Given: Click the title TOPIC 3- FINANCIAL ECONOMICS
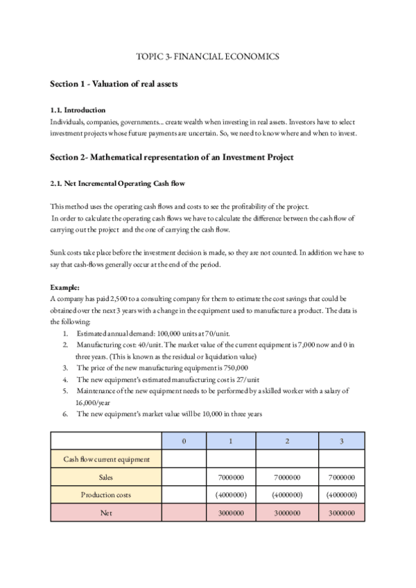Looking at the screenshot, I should [208, 57].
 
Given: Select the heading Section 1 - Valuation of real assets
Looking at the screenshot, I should [114, 84].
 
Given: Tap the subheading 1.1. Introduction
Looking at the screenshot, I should [78, 110].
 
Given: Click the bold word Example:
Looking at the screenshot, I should [65, 286].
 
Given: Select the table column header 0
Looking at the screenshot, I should [184, 440].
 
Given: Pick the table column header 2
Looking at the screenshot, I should [286, 440].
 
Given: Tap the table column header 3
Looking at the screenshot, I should [341, 440].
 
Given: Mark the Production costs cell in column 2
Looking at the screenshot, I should [286, 495].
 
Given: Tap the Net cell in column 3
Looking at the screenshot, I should [341, 513].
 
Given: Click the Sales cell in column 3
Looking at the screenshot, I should [341, 477].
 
